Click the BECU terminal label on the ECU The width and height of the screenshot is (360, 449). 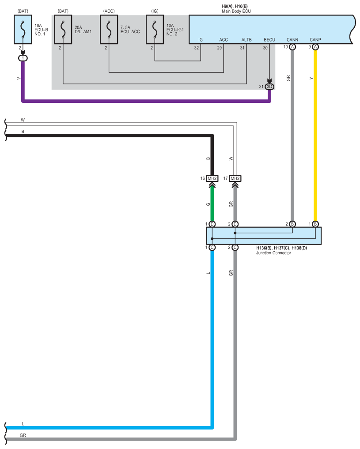(x=269, y=40)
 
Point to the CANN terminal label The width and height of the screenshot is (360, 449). (x=292, y=40)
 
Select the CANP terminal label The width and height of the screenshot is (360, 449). (x=315, y=40)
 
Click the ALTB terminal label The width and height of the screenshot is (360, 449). (x=246, y=40)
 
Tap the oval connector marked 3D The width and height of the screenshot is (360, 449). (x=270, y=87)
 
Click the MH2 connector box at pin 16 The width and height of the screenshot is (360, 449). (x=212, y=178)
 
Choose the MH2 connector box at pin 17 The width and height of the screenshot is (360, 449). (x=235, y=178)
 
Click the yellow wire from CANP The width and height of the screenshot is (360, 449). (x=315, y=132)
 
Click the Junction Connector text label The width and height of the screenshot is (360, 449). (x=274, y=253)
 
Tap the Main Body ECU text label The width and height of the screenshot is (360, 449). (x=237, y=10)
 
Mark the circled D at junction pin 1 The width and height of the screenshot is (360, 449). (x=212, y=224)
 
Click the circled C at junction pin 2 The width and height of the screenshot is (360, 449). (x=235, y=247)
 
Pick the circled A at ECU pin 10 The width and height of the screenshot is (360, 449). (x=292, y=47)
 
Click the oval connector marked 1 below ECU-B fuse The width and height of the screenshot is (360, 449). (x=23, y=58)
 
